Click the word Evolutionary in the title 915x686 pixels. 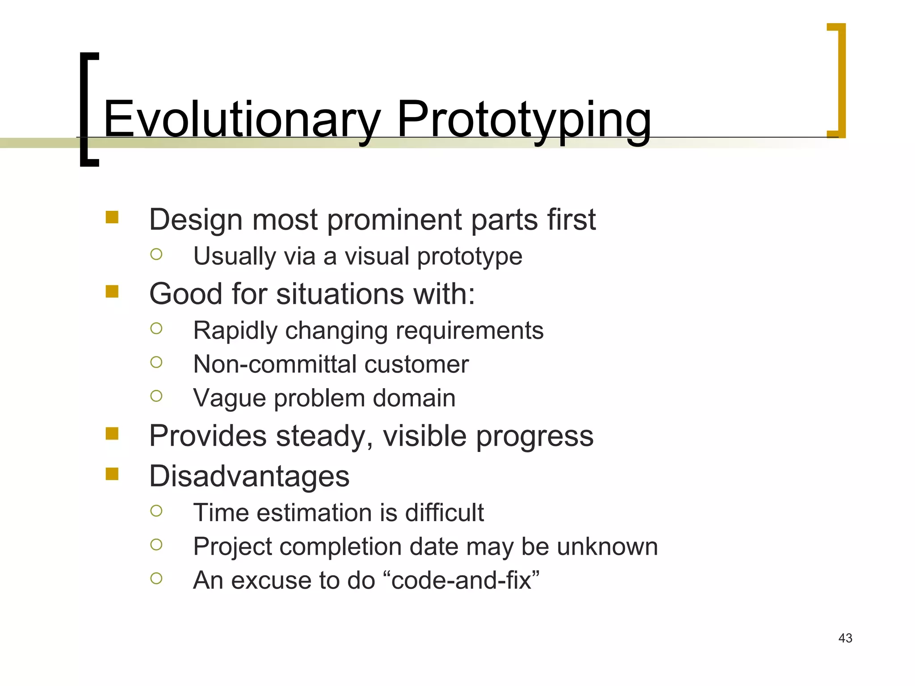point(241,120)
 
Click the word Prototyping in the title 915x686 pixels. point(524,120)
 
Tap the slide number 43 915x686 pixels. point(845,638)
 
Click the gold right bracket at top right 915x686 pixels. point(840,80)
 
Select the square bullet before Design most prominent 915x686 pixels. point(112,218)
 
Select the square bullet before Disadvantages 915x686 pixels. point(112,474)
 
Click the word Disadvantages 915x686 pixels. point(249,476)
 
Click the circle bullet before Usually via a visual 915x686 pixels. point(156,255)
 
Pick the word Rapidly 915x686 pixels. point(235,331)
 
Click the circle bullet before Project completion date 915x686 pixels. point(156,544)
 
